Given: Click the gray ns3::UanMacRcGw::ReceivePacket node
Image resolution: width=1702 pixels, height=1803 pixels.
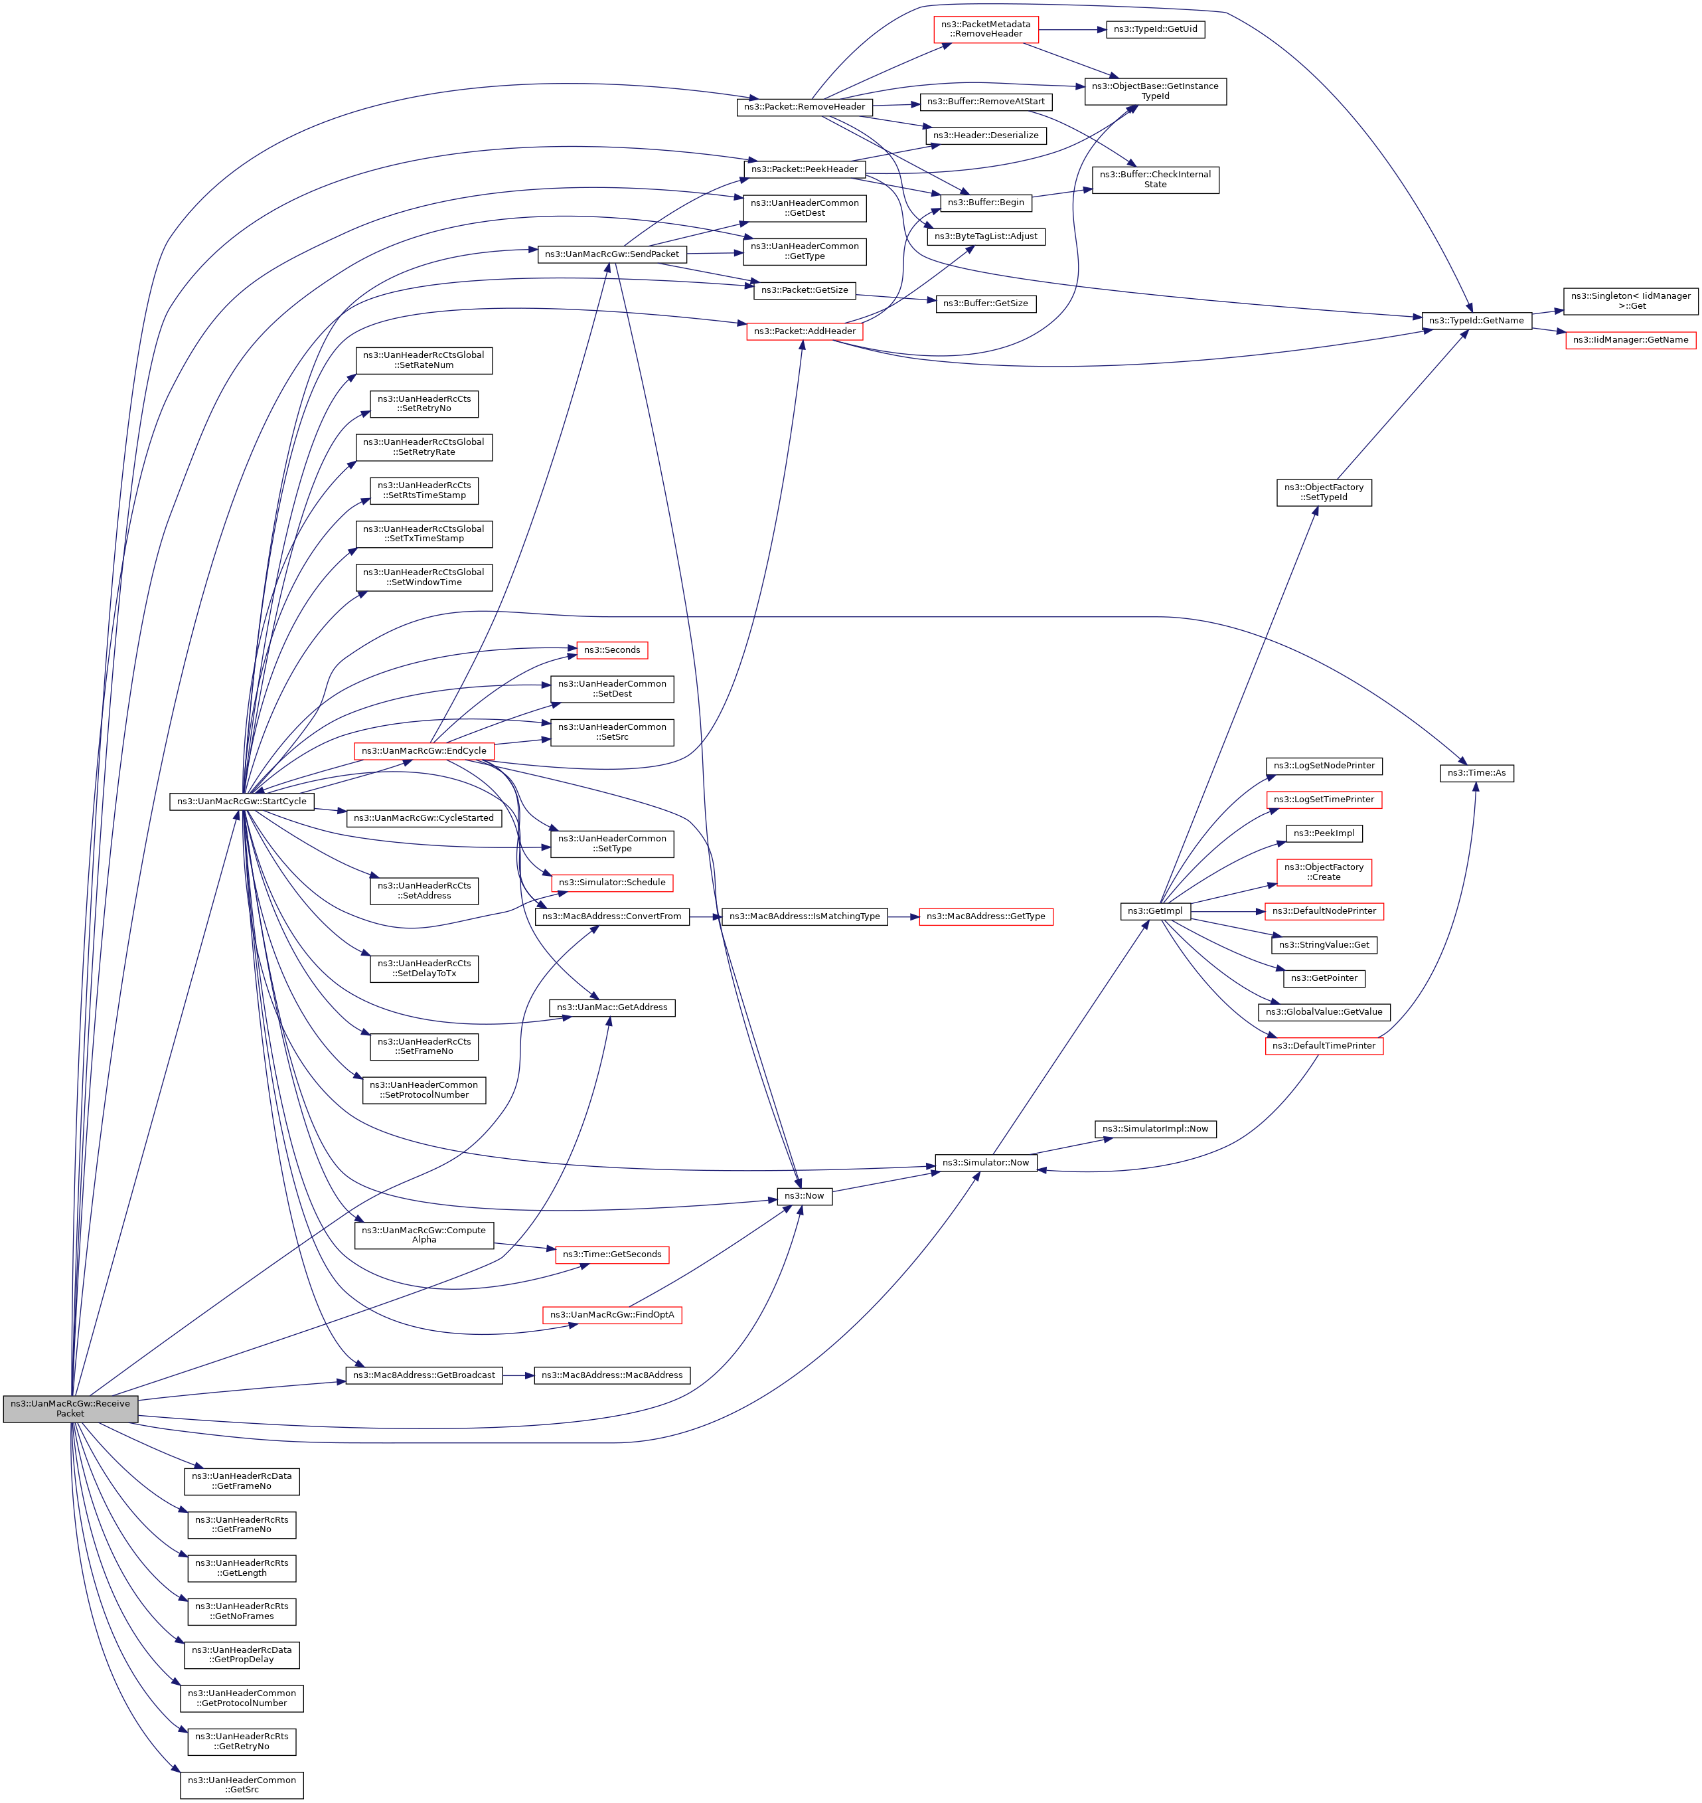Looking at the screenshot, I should click(x=70, y=1409).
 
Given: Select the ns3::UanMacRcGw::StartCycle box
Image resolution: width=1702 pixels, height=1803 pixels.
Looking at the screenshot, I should click(x=242, y=802).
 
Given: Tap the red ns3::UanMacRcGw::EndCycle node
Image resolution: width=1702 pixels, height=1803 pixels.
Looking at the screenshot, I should click(x=424, y=750).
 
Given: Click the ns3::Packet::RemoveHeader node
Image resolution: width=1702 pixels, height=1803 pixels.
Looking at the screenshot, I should click(x=804, y=106).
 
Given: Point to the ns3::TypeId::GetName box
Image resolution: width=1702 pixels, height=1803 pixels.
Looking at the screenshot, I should click(x=1476, y=320).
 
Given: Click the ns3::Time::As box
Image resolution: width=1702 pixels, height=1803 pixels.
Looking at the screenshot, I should click(x=1476, y=773).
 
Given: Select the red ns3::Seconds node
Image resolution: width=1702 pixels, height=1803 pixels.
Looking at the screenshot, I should click(x=611, y=649).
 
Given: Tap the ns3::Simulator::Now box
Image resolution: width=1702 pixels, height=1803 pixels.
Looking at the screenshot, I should click(x=985, y=1162).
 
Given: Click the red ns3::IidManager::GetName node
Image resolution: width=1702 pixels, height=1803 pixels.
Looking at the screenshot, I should click(x=1630, y=339).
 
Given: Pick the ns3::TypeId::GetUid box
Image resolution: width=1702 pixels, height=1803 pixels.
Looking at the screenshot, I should click(x=1155, y=29).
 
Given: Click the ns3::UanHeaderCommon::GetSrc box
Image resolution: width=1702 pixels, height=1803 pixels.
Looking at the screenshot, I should click(x=242, y=1785).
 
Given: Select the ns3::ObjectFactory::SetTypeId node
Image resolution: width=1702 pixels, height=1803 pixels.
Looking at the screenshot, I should click(x=1324, y=493).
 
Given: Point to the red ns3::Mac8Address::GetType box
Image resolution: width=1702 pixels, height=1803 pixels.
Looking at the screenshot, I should click(x=985, y=916).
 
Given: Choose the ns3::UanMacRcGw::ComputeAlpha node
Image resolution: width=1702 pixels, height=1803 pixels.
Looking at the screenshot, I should click(x=424, y=1235).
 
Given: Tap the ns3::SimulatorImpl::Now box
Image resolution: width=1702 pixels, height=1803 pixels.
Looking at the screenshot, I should click(x=1155, y=1129).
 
